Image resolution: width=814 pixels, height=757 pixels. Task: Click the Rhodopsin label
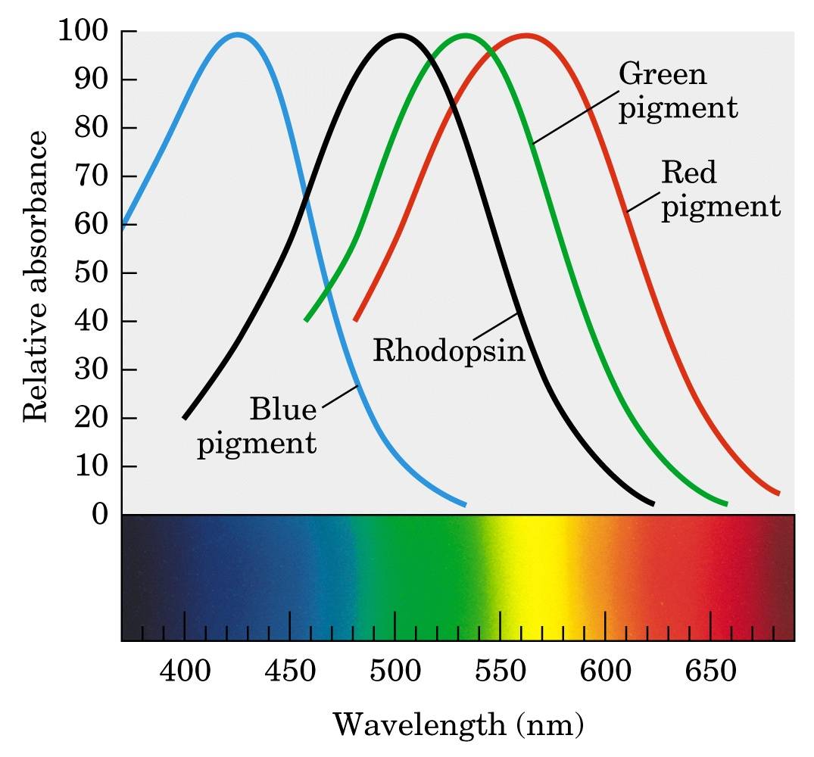[449, 351]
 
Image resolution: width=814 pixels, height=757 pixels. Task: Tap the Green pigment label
[678, 92]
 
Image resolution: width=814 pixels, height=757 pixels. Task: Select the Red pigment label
[720, 189]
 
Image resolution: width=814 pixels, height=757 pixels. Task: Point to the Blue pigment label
[257, 426]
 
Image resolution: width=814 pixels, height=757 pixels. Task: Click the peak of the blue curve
[238, 34]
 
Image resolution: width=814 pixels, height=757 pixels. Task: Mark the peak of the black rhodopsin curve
[400, 34]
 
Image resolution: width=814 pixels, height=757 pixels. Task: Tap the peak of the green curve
[465, 34]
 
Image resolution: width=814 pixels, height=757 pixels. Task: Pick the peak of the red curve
[526, 34]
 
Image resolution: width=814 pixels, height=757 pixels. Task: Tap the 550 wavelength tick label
[500, 671]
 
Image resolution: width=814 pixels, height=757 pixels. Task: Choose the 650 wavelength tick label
[710, 671]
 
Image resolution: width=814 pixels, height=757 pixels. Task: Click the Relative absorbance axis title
[36, 276]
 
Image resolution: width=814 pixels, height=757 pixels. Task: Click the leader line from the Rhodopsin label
[496, 326]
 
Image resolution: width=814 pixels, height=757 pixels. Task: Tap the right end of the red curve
[778, 494]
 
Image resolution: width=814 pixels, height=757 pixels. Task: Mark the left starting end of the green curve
[306, 320]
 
